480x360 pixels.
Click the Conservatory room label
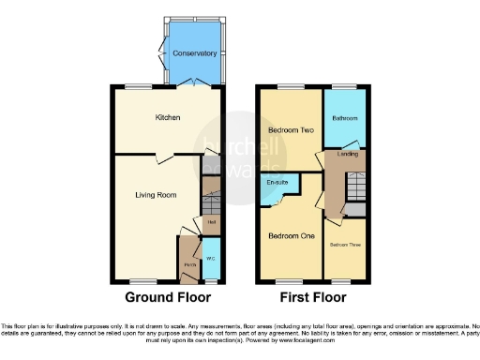[195, 54]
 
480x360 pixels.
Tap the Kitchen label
[169, 117]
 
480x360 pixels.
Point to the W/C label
[212, 257]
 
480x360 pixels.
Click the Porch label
[190, 267]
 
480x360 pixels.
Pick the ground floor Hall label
[212, 221]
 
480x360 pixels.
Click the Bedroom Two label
[291, 129]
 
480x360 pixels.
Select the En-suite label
[277, 182]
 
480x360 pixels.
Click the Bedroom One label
[290, 236]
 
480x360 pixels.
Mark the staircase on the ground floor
[212, 202]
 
